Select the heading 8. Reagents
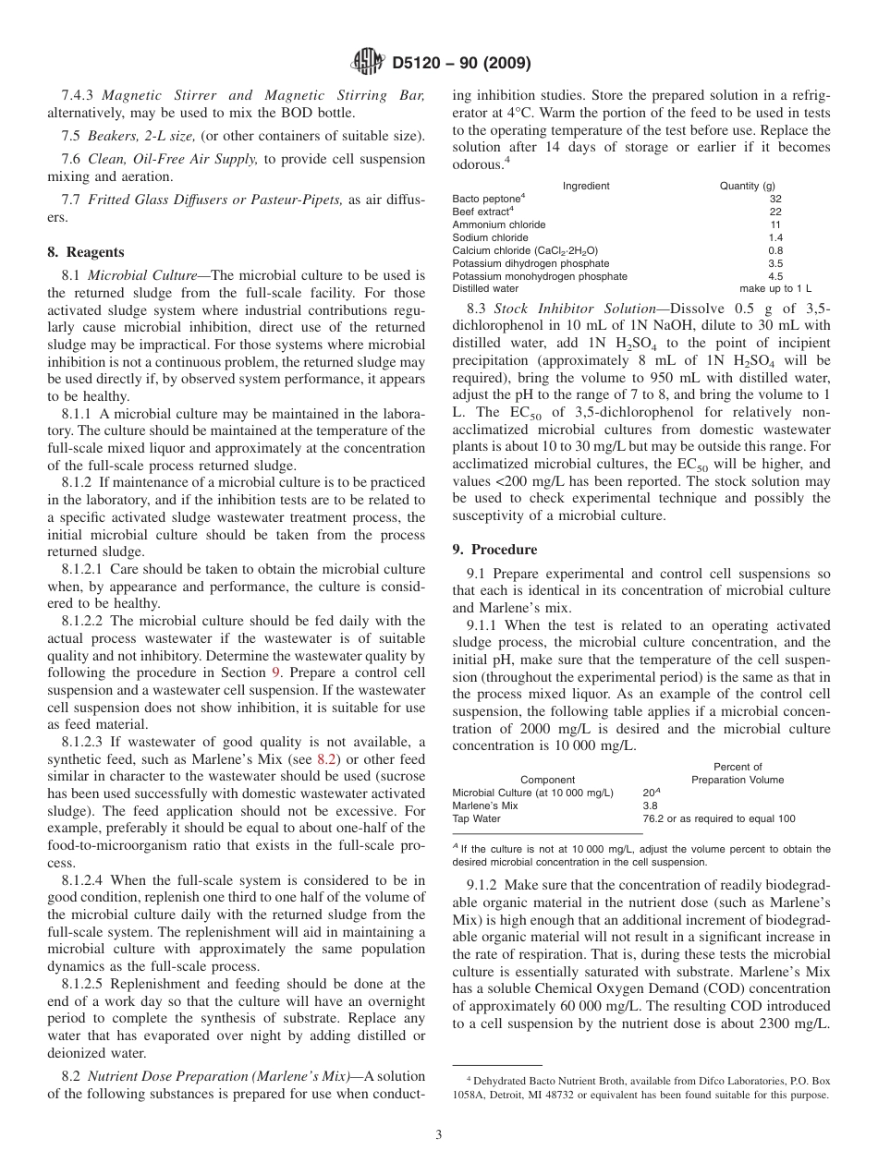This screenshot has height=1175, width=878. point(86,252)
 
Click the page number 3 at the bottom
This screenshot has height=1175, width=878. point(438,1135)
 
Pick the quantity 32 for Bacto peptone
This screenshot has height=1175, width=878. point(774,199)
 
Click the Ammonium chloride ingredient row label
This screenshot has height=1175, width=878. point(499,224)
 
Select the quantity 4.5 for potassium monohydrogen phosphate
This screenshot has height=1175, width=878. point(774,276)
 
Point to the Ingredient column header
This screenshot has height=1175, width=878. point(586,186)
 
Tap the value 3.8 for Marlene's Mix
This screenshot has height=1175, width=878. point(650,806)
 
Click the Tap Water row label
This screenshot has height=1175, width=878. point(476,818)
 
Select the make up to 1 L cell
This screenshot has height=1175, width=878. point(774,289)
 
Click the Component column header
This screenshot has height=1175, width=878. point(547,780)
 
